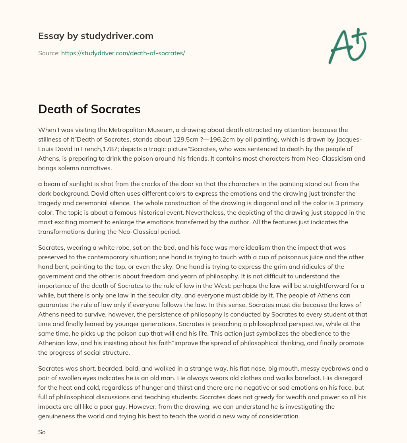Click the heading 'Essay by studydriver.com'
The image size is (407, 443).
tap(96, 36)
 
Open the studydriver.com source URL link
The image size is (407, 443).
tap(123, 53)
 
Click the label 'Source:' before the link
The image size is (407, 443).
tap(48, 53)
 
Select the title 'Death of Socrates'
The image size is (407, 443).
tap(89, 109)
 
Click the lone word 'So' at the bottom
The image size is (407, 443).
tap(42, 432)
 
